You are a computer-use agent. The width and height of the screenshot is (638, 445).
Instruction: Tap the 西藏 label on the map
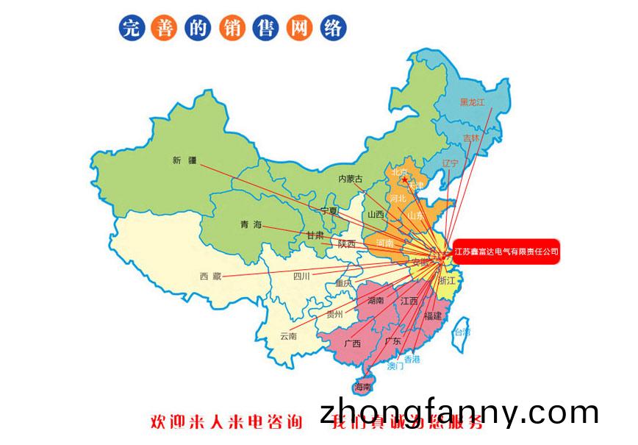click(209, 276)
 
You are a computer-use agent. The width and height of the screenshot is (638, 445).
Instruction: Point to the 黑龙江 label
click(473, 102)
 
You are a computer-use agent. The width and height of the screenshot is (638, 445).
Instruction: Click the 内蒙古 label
click(351, 179)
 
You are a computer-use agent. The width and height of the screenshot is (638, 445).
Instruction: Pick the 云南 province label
click(288, 336)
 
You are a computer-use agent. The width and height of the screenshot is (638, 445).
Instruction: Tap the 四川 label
click(301, 277)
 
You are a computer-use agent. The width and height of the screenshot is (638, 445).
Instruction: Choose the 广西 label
click(352, 343)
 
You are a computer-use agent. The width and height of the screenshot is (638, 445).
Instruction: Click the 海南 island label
click(363, 387)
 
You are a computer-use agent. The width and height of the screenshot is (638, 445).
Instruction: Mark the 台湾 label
click(461, 332)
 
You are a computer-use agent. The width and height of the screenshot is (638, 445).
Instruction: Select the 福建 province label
click(432, 316)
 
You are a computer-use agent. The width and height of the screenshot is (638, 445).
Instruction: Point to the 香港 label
click(412, 359)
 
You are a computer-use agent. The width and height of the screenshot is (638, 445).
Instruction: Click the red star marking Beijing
click(404, 179)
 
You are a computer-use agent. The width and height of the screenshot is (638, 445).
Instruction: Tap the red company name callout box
click(506, 252)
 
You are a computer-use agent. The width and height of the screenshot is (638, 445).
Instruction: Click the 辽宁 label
click(451, 163)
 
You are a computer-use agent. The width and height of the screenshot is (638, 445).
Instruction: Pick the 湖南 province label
click(375, 300)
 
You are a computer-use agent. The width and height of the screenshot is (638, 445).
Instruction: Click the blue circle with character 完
click(131, 28)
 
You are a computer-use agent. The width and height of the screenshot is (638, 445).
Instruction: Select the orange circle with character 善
click(162, 28)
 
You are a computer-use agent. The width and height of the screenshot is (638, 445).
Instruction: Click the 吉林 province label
click(470, 138)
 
